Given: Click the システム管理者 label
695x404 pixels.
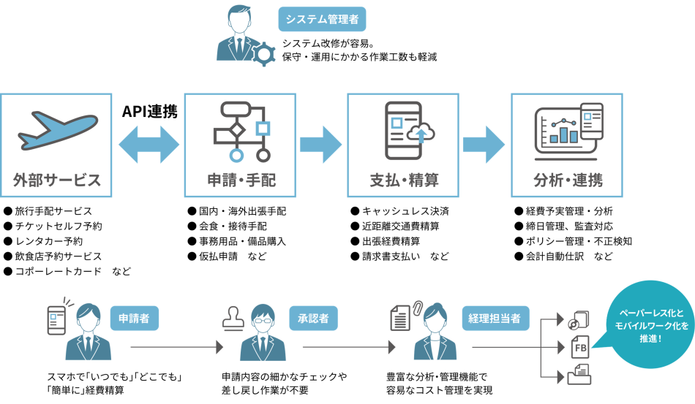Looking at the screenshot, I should (x=322, y=19).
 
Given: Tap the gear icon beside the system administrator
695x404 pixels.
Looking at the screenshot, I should (x=264, y=54).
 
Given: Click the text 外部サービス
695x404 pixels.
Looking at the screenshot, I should (x=56, y=180).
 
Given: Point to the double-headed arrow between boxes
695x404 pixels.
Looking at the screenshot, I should (x=149, y=144).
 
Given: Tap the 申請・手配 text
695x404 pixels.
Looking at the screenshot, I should (x=241, y=180).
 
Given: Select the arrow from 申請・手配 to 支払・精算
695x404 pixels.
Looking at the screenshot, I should (x=321, y=144).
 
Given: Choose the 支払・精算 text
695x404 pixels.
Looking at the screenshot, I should (x=404, y=180).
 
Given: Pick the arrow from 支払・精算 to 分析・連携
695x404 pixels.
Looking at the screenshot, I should (x=484, y=144).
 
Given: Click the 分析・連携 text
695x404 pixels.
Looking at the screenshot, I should (x=568, y=180).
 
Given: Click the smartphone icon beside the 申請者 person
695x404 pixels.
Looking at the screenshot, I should (x=57, y=319).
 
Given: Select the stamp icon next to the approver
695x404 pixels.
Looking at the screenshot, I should (x=233, y=319).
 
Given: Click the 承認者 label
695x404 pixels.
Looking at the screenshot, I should (x=313, y=319).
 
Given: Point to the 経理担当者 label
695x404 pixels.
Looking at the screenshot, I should (x=495, y=319).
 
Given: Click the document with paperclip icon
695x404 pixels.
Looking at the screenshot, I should (x=402, y=316).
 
